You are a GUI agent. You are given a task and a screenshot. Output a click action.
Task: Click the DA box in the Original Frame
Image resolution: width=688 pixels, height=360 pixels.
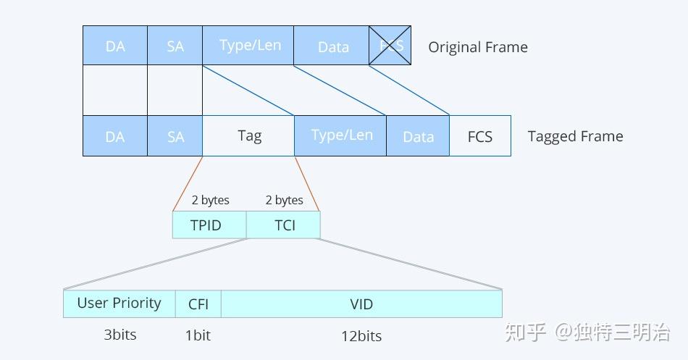115,46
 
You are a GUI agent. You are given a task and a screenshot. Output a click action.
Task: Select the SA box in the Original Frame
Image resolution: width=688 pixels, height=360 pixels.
175,46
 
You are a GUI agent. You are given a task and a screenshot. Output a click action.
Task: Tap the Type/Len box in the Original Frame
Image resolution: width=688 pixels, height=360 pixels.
248,46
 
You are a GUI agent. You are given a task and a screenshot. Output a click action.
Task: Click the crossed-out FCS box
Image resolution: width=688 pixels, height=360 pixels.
390,46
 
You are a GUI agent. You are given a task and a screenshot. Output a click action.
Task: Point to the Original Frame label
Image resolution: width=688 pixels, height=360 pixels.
478,47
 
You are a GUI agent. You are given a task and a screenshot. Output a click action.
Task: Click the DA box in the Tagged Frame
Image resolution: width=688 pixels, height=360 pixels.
115,135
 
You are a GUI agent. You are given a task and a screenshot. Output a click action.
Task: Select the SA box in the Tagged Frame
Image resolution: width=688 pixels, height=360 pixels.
175,135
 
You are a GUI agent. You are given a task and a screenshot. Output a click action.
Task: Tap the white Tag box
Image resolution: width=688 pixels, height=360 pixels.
248,135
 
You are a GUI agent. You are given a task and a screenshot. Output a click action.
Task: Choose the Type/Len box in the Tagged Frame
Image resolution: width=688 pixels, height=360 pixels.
340,135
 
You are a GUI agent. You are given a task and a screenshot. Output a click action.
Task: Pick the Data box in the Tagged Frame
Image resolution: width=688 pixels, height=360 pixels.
418,135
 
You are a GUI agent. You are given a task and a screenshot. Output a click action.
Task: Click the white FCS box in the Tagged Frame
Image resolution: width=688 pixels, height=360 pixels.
480,135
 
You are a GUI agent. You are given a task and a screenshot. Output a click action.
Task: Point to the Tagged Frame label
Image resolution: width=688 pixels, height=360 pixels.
575,136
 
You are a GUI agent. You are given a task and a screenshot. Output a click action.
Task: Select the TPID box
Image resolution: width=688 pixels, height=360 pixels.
209,225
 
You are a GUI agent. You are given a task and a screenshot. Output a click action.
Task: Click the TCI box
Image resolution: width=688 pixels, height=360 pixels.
284,225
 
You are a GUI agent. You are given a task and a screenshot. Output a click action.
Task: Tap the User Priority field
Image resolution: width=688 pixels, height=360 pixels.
119,304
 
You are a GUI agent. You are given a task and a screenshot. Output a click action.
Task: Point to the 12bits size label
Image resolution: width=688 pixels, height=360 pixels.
361,335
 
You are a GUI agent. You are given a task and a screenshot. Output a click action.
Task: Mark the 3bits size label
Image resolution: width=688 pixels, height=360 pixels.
120,335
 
